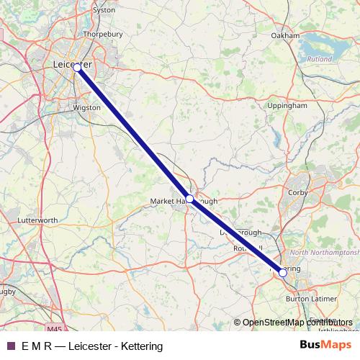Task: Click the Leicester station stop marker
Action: tap(77, 68)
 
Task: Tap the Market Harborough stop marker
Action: tap(189, 198)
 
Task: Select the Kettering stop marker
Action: tap(283, 273)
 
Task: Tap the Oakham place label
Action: tap(285, 35)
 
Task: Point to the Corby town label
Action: tap(297, 193)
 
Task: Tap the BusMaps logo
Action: tap(326, 346)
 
